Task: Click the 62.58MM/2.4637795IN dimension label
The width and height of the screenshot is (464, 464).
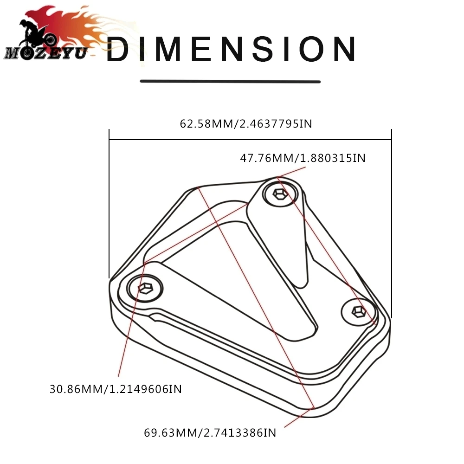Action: point(246,124)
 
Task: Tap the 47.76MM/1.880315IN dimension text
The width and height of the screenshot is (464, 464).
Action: point(303,158)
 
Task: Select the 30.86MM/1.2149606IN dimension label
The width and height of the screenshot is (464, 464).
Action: point(116,389)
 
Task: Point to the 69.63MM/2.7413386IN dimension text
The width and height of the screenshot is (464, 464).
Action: point(210,432)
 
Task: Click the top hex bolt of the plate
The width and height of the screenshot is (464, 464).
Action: point(280,194)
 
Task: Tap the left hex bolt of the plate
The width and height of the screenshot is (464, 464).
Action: point(145,288)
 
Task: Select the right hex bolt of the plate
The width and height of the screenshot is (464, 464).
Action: point(359,312)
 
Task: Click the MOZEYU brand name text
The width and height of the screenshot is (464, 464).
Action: point(46,53)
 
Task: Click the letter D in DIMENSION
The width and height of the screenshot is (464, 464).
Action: point(118,49)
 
